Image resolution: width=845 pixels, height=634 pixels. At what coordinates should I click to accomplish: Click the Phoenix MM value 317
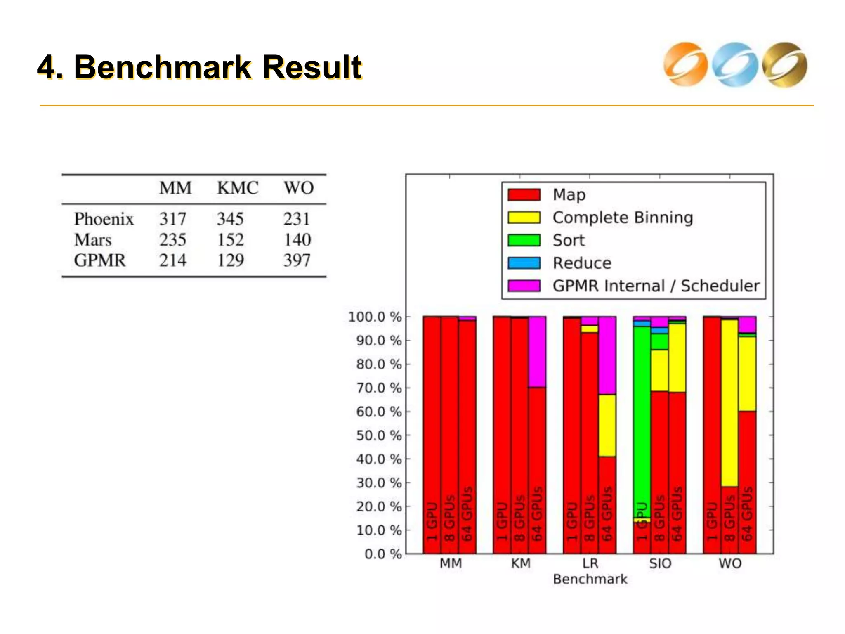pos(173,219)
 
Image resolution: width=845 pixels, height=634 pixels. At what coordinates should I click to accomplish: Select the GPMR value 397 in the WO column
pos(297,260)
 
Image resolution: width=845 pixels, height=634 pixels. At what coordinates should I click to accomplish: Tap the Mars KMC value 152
pos(230,240)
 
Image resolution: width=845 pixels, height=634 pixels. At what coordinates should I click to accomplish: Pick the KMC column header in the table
pos(238,188)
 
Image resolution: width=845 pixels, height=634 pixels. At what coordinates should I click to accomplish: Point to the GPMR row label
pos(100,260)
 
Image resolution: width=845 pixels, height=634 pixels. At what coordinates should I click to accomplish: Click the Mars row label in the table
pos(93,240)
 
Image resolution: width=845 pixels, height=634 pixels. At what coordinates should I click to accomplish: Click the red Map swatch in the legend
pos(524,195)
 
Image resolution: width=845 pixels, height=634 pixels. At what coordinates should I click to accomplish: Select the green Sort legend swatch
pos(524,240)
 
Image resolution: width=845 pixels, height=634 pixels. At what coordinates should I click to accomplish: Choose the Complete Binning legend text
pos(623,218)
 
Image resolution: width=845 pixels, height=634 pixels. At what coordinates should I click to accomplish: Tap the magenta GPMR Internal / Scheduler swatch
pos(524,286)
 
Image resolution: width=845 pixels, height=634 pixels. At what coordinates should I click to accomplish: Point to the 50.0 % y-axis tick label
pos(379,435)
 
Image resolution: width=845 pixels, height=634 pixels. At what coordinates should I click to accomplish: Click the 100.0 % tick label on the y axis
pos(375,317)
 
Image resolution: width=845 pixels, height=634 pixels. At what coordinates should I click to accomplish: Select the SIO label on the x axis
pos(660,563)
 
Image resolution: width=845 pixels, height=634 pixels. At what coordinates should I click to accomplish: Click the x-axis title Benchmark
pos(590,579)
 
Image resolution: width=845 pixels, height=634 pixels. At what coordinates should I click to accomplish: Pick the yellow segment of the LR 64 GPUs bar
pos(607,425)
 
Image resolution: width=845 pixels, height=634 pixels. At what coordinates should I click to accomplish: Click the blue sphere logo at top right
pos(735,65)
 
